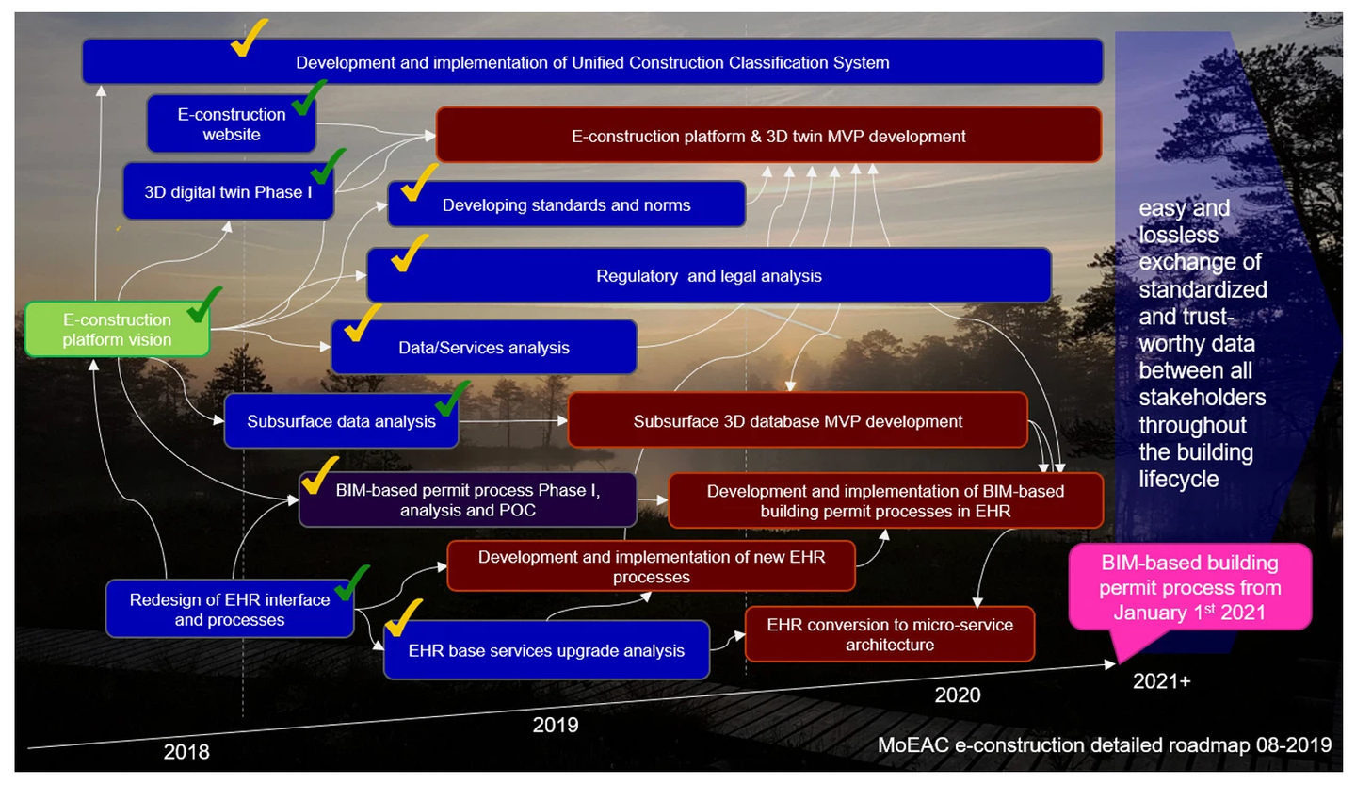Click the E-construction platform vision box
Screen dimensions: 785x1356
click(x=117, y=330)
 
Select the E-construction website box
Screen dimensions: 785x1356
click(x=231, y=124)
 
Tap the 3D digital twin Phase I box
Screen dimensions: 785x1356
click(x=227, y=191)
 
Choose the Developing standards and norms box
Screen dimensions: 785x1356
click(x=566, y=204)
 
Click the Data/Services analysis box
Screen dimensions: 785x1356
click(x=483, y=347)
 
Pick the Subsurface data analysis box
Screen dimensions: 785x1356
click(x=340, y=421)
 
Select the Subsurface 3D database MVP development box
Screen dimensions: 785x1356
click(x=797, y=420)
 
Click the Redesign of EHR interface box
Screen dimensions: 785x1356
click(x=229, y=609)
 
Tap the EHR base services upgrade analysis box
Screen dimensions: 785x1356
click(x=546, y=650)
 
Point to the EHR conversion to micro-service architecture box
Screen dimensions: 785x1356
click(x=889, y=634)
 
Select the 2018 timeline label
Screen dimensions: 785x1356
click(x=186, y=752)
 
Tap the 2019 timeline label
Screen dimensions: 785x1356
click(x=555, y=725)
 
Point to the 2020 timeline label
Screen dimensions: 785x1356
click(x=957, y=695)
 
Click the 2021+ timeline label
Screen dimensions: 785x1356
click(x=1161, y=680)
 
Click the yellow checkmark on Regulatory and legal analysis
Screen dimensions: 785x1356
click(x=409, y=253)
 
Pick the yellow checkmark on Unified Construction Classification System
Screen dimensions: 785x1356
click(x=248, y=37)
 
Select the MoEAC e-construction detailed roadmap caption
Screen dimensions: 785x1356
click(x=1105, y=744)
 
